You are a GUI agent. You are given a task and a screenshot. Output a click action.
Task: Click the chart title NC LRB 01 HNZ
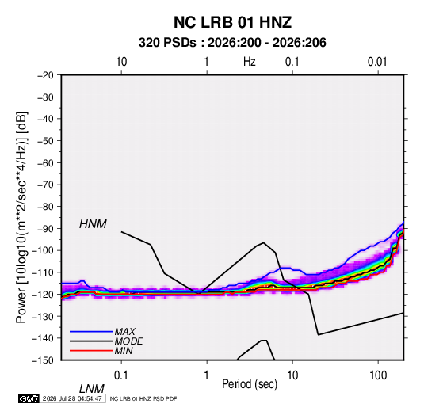coord(232,22)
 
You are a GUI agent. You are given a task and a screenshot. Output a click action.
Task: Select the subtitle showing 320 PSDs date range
coord(232,43)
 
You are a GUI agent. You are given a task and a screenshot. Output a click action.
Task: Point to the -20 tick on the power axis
coord(45,75)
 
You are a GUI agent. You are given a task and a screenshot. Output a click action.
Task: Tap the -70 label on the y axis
coord(45,185)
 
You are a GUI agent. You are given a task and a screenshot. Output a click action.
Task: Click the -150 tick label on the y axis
coord(43,360)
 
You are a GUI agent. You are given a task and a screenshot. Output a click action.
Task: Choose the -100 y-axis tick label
coord(43,250)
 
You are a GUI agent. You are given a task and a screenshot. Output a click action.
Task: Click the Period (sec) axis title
coord(250,384)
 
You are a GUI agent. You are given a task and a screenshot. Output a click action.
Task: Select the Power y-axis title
coord(21,218)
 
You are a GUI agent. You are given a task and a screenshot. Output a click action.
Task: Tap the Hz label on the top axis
coord(250,62)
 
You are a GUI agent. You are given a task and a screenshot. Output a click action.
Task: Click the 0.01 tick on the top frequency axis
coord(377,62)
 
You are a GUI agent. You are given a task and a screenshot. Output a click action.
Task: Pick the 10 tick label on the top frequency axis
coord(121,62)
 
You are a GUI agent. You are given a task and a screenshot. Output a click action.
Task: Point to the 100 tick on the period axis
coord(378,375)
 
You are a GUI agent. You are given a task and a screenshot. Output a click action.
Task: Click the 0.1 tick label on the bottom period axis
coord(121,375)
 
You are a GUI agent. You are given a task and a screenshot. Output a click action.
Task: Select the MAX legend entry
coord(124,332)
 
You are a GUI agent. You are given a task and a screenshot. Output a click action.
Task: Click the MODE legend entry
coord(128,341)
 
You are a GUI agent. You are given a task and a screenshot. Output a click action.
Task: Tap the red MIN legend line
coord(91,351)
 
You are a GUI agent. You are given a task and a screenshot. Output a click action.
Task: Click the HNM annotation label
coord(93,224)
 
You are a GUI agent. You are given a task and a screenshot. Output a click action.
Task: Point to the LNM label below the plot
coord(91,389)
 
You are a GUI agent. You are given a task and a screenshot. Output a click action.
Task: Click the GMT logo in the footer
coord(29,398)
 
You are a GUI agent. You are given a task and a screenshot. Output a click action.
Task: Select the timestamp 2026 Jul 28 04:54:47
coord(72,398)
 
